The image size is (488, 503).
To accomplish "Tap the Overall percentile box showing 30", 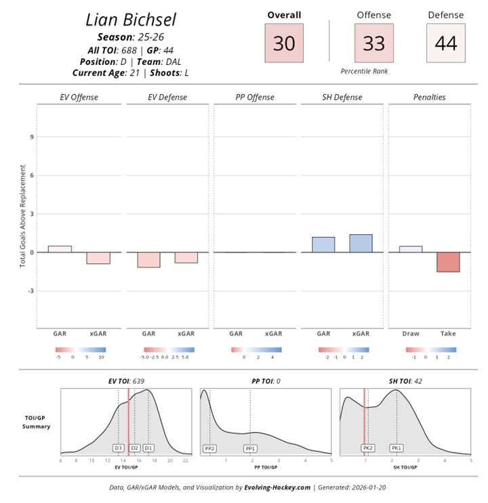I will pyautogui.click(x=284, y=43).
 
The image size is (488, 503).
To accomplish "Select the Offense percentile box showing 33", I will pyautogui.click(x=374, y=43).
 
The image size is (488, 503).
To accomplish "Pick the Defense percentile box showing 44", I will pyautogui.click(x=445, y=43).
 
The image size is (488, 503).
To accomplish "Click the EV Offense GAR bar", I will pyautogui.click(x=60, y=249).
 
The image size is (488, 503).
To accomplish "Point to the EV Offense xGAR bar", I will pyautogui.click(x=98, y=258).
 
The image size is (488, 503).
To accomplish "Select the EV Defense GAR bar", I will pyautogui.click(x=148, y=260).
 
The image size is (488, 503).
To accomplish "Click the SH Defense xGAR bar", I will pyautogui.click(x=361, y=244).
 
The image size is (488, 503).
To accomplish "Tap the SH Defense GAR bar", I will pyautogui.click(x=323, y=245).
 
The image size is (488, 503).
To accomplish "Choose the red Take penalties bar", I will pyautogui.click(x=448, y=262).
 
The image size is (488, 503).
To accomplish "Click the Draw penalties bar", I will pyautogui.click(x=411, y=249).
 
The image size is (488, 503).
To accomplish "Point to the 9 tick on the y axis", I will pyautogui.click(x=31, y=137).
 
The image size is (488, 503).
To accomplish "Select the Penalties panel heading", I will pyautogui.click(x=429, y=97).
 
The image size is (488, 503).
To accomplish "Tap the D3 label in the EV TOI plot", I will pyautogui.click(x=118, y=448).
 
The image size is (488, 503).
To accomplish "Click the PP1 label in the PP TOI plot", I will pyautogui.click(x=250, y=448).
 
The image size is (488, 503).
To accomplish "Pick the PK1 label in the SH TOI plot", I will pyautogui.click(x=396, y=448).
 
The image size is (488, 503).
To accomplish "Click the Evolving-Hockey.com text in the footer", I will pyautogui.click(x=277, y=487).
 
